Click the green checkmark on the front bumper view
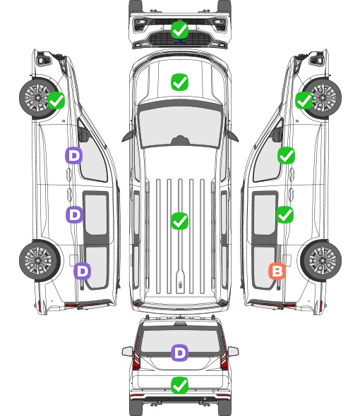tap(179, 30)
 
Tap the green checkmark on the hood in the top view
tap(179, 82)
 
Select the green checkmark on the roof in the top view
tap(179, 221)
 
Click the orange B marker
tap(277, 271)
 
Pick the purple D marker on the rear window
tap(179, 353)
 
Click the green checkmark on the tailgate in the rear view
tap(179, 385)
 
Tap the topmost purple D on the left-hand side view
tap(74, 155)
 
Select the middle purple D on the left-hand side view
tap(74, 214)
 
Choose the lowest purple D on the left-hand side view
tap(83, 271)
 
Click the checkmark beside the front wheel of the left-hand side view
tap(56, 100)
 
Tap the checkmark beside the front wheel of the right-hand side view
tap(304, 100)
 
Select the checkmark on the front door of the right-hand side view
tap(286, 155)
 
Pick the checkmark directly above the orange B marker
tap(285, 214)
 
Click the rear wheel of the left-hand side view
tap(40, 260)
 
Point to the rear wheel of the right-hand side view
tap(321, 260)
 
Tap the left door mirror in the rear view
tap(127, 351)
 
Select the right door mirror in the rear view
tap(233, 351)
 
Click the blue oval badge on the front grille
tap(180, 41)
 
